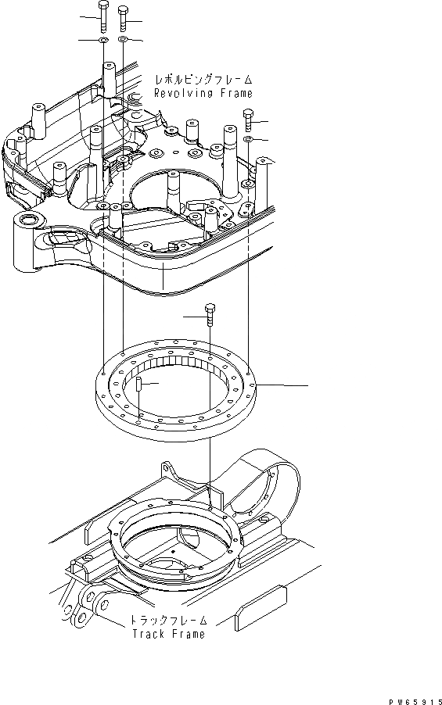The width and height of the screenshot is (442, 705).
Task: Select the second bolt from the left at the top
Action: pos(124,15)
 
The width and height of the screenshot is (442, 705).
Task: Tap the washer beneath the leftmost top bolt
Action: pos(103,38)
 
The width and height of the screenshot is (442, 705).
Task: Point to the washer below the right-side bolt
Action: pos(247,139)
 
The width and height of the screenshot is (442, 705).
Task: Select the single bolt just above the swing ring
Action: pos(209,315)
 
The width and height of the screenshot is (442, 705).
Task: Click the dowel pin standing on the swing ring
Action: pos(138,385)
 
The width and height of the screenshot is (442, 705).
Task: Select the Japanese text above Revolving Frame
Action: pos(204,80)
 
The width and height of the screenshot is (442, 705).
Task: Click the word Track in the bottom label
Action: pos(148,634)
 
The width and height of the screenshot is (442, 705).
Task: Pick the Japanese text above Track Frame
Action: pos(168,621)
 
